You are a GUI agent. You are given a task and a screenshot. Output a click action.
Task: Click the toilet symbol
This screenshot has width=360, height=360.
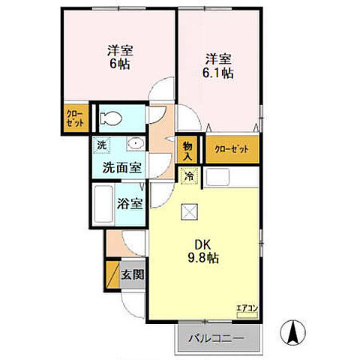(109, 118)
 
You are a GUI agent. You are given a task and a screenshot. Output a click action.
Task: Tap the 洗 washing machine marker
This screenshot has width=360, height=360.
(100, 143)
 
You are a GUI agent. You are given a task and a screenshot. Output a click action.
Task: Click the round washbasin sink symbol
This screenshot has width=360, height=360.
(136, 143)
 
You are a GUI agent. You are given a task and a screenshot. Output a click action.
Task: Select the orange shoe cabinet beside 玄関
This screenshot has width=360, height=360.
(113, 274)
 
